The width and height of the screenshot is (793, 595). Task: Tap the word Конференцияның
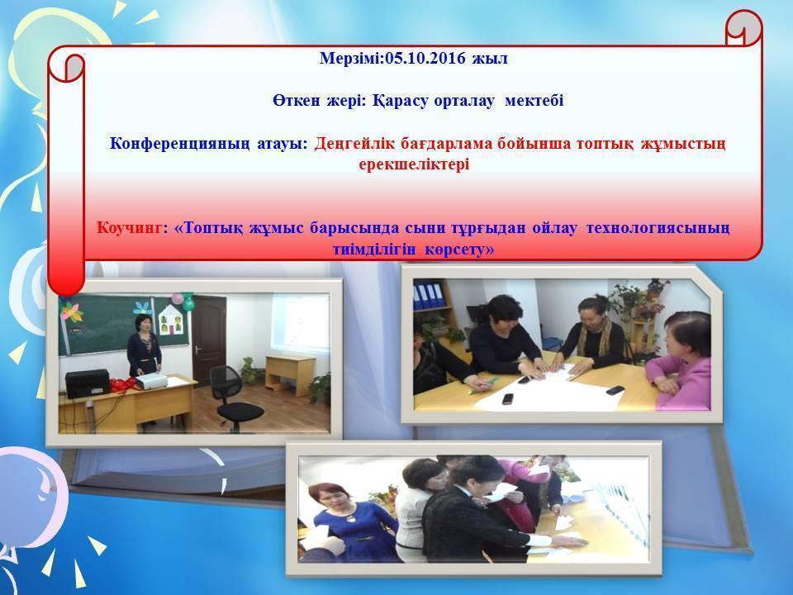click(x=208, y=144)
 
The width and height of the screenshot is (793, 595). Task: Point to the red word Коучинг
click(x=131, y=227)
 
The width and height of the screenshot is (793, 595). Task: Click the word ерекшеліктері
click(x=414, y=164)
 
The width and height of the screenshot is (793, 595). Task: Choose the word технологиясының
click(x=658, y=227)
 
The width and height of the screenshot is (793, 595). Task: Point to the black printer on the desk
click(x=87, y=383)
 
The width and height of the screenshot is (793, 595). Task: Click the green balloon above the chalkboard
click(x=188, y=302)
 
